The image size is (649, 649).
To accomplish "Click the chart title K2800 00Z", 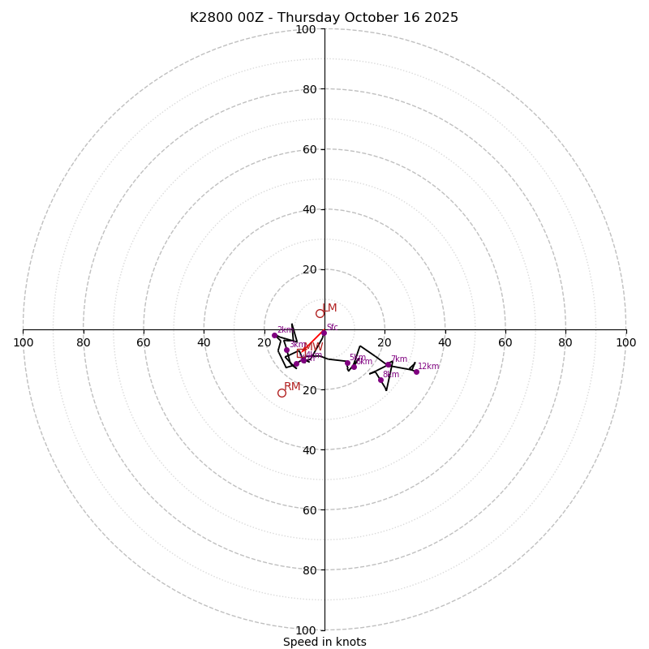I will click(324, 18).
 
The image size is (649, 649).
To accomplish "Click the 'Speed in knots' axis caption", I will click(324, 642).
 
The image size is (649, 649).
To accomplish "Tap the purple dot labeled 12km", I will click(416, 372).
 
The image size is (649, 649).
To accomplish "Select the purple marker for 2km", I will click(274, 335).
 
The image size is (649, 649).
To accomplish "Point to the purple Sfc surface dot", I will click(324, 333).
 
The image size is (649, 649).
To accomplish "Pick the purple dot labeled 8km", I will click(380, 380).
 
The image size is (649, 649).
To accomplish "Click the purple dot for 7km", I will click(389, 364).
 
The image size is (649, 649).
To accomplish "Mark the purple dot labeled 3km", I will click(286, 350).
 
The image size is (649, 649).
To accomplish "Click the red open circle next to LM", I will click(320, 313).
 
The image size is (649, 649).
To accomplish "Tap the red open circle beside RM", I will click(282, 393).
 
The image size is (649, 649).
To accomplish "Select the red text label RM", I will click(292, 387).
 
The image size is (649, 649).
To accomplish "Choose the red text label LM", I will click(329, 308).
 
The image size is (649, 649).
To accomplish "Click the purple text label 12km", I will click(428, 367).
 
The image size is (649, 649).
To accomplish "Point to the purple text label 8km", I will click(391, 375).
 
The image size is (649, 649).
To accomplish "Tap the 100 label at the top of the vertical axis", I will click(306, 29).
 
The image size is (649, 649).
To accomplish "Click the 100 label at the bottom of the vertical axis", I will click(306, 630).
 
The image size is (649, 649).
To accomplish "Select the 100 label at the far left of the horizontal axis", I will click(23, 342).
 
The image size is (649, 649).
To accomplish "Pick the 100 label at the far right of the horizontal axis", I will click(626, 342).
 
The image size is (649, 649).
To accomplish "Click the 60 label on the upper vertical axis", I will click(308, 149).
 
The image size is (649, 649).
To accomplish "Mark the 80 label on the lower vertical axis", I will click(308, 570).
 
